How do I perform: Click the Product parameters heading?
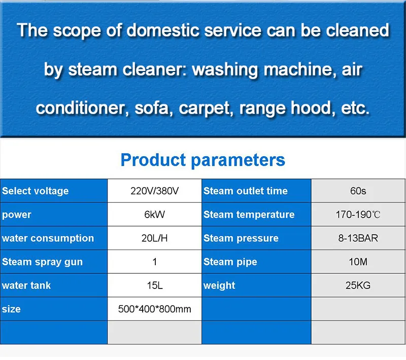click(x=202, y=160)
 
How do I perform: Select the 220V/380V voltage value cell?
click(x=154, y=191)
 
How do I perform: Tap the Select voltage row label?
click(x=35, y=191)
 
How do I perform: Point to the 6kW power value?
click(x=154, y=214)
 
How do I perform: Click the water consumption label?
click(x=48, y=238)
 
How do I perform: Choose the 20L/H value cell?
click(x=154, y=238)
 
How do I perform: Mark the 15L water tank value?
click(x=154, y=285)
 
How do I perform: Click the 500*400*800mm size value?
click(x=154, y=309)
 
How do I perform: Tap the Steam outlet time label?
click(x=246, y=191)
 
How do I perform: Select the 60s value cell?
click(x=358, y=191)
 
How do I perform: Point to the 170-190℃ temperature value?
click(x=358, y=214)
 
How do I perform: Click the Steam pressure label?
click(x=241, y=238)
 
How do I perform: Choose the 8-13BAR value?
click(x=358, y=238)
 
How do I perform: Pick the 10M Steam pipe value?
click(x=358, y=262)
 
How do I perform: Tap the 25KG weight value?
click(x=358, y=285)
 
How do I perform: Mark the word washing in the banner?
click(x=227, y=69)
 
